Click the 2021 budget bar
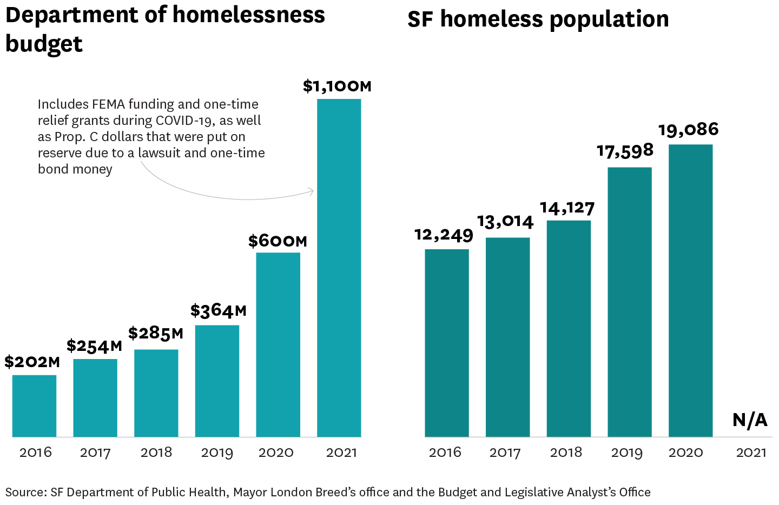tap(339, 268)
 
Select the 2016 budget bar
tap(34, 406)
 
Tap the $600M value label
tap(278, 241)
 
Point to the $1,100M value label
tap(338, 87)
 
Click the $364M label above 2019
tap(218, 311)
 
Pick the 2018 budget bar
tap(156, 393)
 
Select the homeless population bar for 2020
tap(690, 290)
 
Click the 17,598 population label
tap(625, 151)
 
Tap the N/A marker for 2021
tap(750, 420)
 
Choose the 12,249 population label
tap(444, 235)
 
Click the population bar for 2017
tap(507, 337)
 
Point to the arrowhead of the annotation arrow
tap(312, 191)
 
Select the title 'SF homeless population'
tap(538, 19)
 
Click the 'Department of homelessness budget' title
tap(165, 29)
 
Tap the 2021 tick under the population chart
tap(751, 453)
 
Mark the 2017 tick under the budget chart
tap(95, 453)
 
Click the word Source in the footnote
tap(25, 493)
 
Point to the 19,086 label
tap(688, 130)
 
